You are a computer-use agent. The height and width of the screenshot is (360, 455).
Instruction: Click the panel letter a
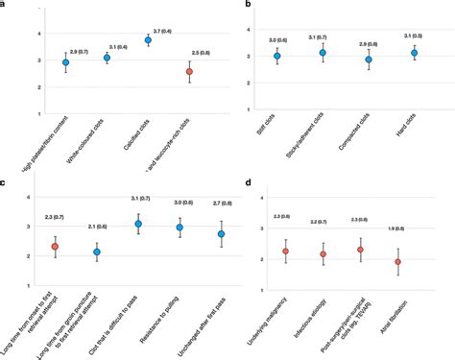click(4, 5)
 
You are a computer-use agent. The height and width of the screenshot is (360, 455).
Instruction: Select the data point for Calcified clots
click(148, 40)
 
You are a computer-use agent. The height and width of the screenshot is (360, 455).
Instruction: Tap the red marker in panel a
click(190, 72)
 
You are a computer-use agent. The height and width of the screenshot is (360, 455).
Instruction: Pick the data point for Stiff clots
click(276, 57)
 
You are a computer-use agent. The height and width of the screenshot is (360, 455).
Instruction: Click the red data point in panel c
click(55, 247)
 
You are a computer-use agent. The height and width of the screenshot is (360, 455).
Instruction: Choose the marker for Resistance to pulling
click(179, 228)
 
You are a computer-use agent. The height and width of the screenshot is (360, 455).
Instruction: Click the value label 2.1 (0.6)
click(96, 226)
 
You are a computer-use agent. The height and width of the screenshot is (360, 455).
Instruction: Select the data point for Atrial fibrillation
click(398, 262)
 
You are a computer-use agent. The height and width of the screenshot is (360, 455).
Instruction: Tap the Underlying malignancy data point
click(285, 252)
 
